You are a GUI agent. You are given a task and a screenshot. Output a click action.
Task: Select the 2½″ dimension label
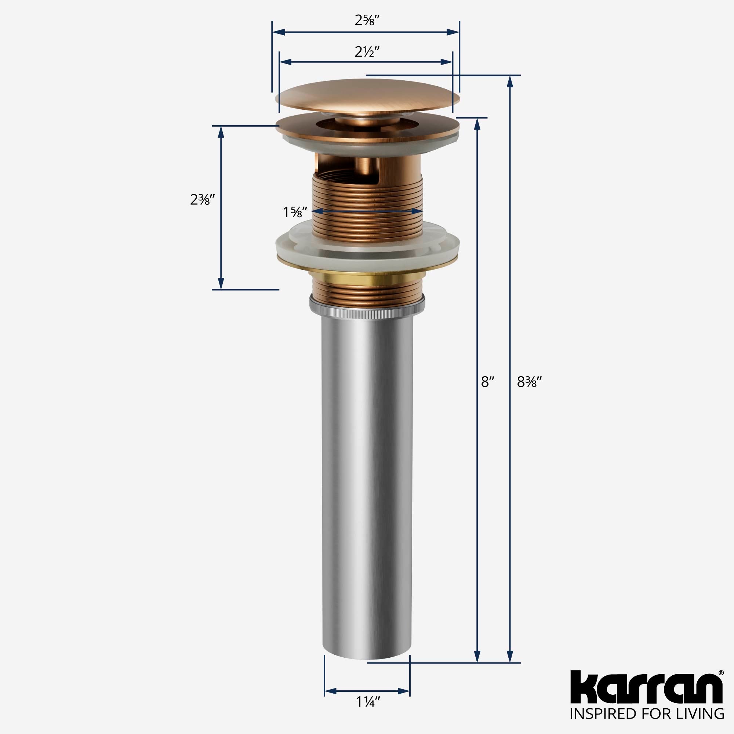[367, 51]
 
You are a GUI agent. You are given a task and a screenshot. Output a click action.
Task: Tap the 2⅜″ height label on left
[203, 199]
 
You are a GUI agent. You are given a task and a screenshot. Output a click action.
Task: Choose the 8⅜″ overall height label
[529, 382]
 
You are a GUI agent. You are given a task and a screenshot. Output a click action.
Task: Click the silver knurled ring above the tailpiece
[367, 309]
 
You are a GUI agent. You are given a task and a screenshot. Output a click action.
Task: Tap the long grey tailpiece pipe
[367, 475]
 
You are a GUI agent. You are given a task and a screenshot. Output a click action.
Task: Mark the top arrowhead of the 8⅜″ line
[510, 81]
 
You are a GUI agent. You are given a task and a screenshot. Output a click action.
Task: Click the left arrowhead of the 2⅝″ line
[279, 32]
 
